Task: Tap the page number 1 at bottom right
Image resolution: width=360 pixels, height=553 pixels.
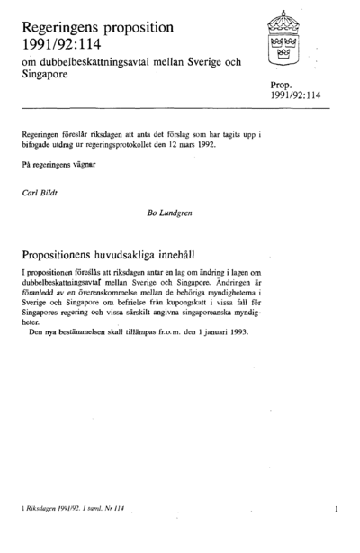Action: [x=336, y=510]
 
